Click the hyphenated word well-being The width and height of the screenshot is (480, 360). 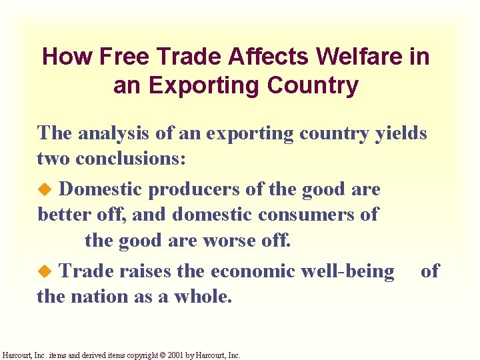click(x=351, y=271)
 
